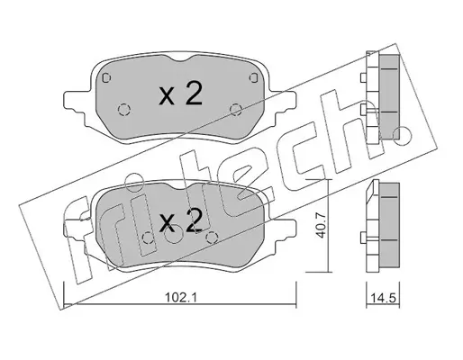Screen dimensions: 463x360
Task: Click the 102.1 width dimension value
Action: (180, 297)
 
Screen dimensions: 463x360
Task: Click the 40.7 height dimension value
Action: (321, 226)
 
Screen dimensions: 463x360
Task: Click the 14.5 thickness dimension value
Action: (383, 298)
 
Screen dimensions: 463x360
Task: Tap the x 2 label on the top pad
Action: (180, 94)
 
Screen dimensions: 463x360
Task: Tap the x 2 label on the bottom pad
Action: (180, 221)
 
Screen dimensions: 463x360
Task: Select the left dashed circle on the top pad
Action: (123, 110)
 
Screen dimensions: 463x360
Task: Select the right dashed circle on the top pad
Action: (236, 110)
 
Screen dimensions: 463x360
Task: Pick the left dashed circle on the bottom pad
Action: (148, 238)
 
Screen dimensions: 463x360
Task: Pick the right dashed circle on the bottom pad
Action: (213, 238)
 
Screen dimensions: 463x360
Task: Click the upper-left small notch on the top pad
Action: (106, 77)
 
